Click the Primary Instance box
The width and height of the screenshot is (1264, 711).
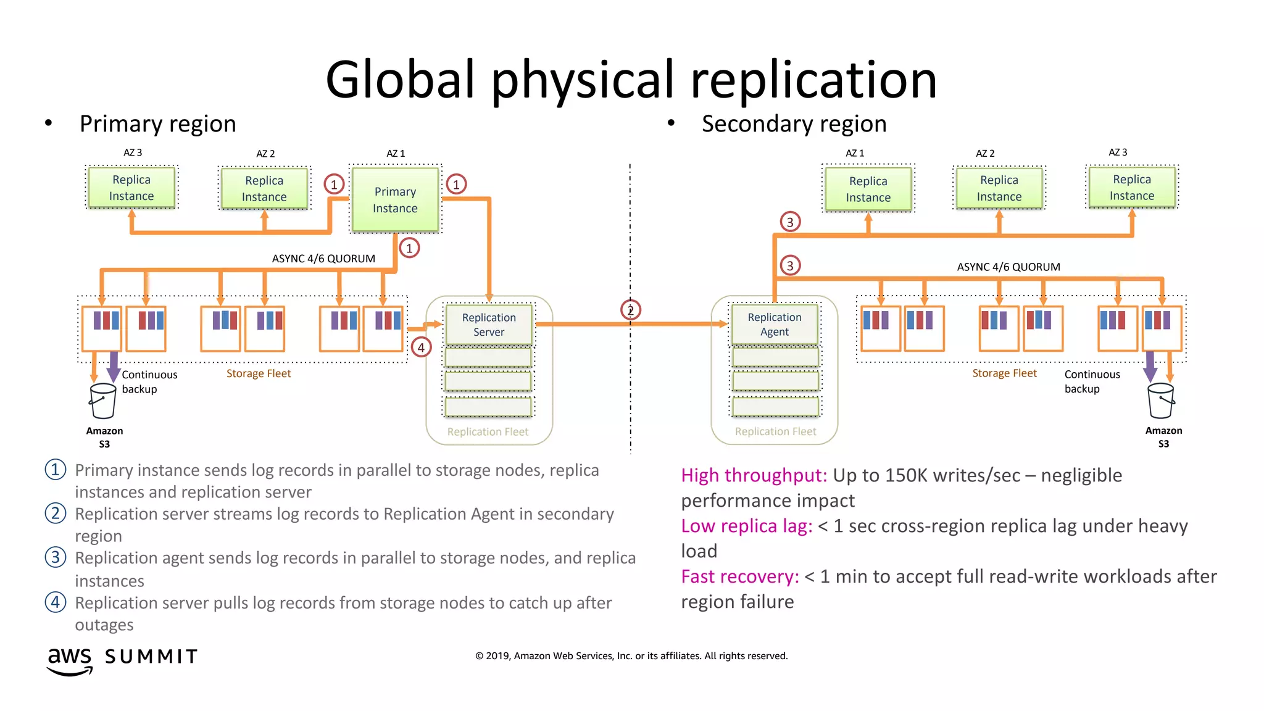click(x=395, y=200)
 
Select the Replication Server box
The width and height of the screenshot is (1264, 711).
click(x=489, y=325)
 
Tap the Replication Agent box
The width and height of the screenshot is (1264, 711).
click(x=775, y=324)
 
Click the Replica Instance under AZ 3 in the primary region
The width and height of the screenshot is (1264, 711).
click(x=131, y=188)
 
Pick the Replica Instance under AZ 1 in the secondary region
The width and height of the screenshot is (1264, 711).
click(x=868, y=189)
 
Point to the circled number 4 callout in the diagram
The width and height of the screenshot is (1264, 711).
click(x=421, y=347)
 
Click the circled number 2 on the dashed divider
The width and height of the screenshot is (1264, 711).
click(x=630, y=310)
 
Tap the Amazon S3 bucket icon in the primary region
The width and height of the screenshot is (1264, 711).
click(x=102, y=401)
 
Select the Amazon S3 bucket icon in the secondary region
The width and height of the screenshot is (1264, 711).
click(x=1161, y=401)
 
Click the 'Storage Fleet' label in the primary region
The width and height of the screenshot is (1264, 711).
click(x=258, y=373)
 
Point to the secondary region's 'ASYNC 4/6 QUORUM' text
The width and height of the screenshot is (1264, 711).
click(x=1008, y=267)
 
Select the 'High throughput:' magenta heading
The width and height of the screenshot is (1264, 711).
click(x=754, y=475)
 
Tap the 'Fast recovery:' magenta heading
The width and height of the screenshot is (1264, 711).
click(x=739, y=576)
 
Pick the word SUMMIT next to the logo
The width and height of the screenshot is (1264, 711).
click(x=151, y=657)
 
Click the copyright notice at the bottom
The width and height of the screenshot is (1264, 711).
click(x=631, y=655)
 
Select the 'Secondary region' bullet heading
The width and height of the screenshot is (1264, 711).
click(x=794, y=124)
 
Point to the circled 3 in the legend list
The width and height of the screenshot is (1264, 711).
click(x=56, y=557)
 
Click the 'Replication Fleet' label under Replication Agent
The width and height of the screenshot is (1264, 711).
click(x=775, y=431)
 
